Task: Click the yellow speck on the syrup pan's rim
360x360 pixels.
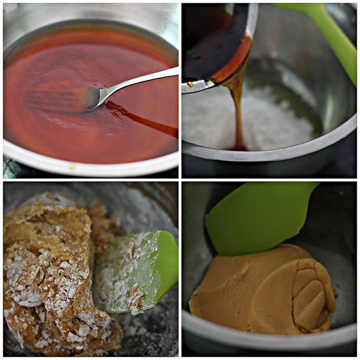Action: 71,167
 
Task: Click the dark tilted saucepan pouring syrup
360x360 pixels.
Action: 213,44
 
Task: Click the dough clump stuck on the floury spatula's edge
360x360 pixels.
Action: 135,298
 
